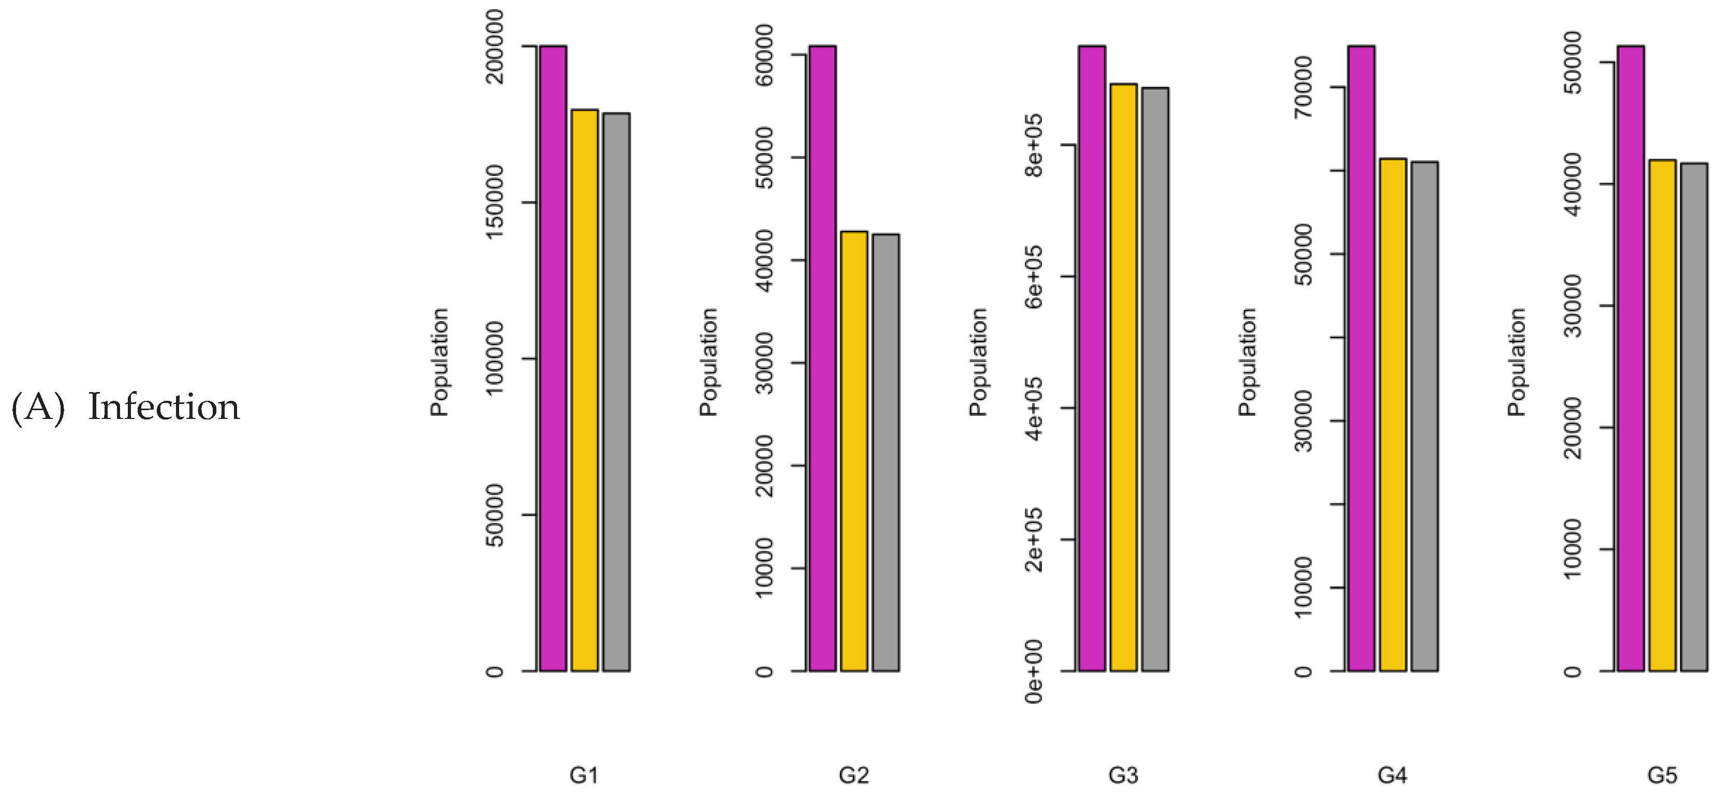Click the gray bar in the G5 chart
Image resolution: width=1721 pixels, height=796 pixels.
[x=1694, y=417]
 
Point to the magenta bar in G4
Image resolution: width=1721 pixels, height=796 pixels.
[x=1361, y=358]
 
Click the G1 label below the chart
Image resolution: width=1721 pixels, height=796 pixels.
[x=584, y=775]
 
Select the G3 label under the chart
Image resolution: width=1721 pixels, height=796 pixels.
[x=1123, y=775]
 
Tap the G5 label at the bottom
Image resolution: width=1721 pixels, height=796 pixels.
[x=1661, y=775]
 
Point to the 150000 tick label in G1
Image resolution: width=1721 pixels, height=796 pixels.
[x=495, y=202]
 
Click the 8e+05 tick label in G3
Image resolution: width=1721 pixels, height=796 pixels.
[x=1034, y=145]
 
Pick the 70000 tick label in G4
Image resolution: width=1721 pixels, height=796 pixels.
[x=1303, y=87]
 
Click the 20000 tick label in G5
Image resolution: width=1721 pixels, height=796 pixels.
[x=1573, y=427]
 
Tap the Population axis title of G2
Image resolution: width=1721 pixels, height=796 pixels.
[x=708, y=363]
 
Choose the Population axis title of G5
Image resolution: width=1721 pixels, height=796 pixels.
[x=1517, y=363]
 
